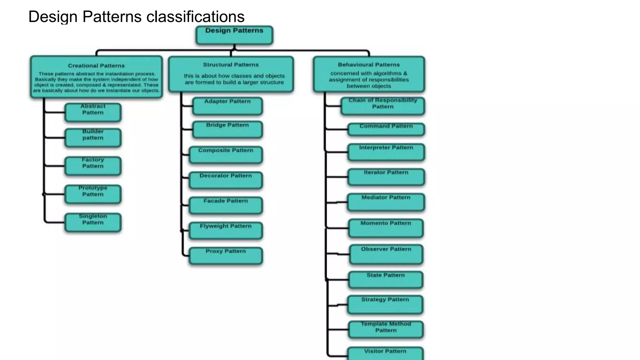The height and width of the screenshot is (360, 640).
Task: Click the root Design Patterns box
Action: pos(234,35)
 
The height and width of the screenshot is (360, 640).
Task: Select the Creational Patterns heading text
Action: pos(96,66)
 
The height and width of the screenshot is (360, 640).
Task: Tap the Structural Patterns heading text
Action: pos(231,65)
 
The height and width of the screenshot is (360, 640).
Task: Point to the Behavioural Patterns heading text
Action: pos(369,65)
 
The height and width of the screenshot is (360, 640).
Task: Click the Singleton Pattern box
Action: pos(93,222)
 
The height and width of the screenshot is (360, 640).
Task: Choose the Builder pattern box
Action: pos(93,137)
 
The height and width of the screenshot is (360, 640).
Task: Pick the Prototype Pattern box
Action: pos(93,194)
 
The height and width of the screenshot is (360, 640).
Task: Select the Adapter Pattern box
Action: pos(227,106)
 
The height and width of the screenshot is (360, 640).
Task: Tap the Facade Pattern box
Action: pos(226,205)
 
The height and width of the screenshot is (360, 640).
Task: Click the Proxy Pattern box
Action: pos(226,256)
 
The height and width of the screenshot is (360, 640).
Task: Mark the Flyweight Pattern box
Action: pos(226,230)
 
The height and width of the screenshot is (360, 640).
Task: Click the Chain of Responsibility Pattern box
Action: pos(383,106)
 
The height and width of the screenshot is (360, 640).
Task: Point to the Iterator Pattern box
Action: pos(386,177)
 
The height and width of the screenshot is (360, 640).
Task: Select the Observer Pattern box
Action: pos(386,254)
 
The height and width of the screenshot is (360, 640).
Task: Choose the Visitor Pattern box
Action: pos(385,353)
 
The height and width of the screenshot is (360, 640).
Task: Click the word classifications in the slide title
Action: pos(195,17)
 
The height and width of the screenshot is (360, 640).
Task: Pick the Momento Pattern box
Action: pos(386,228)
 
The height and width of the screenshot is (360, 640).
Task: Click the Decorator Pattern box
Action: pos(226,180)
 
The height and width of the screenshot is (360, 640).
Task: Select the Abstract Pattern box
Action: pos(93,112)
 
